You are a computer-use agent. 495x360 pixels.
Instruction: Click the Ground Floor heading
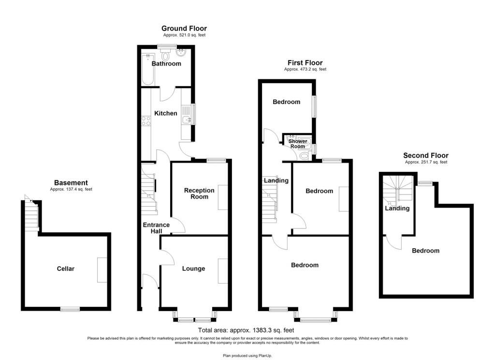[x=184, y=29]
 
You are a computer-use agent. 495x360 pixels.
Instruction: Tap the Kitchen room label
[x=166, y=113]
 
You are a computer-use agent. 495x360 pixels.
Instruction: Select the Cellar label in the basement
[x=66, y=269]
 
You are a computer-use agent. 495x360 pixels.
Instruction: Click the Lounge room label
[x=193, y=269]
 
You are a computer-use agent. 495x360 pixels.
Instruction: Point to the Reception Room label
[x=199, y=194]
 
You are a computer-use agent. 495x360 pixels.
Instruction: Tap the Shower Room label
[x=298, y=144]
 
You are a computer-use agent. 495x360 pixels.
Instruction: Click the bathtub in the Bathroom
[x=148, y=70]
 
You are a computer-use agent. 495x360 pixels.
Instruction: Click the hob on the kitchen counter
[x=146, y=121]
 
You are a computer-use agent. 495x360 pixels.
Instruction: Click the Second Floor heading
[x=426, y=155]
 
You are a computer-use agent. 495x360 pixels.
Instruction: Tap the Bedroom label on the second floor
[x=425, y=251]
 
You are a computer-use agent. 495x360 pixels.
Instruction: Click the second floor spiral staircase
[x=398, y=190]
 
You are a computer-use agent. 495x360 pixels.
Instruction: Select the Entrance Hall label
[x=156, y=228]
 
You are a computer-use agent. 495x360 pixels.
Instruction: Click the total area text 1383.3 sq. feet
[x=273, y=330]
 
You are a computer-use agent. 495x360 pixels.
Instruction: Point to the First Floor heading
[x=305, y=63]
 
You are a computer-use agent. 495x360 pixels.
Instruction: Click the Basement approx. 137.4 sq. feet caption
[x=71, y=190]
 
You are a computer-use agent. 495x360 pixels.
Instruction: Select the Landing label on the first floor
[x=276, y=180]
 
